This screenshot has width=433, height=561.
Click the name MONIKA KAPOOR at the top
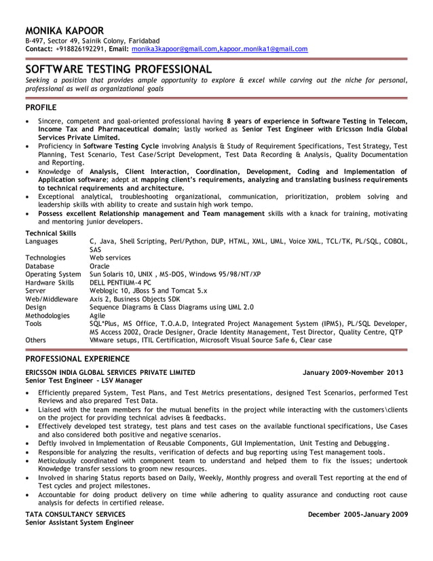(64, 31)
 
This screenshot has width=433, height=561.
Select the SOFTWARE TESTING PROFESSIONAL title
(119, 69)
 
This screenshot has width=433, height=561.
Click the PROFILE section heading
(41, 107)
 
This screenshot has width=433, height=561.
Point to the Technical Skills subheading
(50, 233)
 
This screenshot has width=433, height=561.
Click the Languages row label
(42, 241)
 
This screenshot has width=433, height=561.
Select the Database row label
(41, 266)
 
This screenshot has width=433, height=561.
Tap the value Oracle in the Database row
(99, 266)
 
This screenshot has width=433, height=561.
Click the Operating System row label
(53, 274)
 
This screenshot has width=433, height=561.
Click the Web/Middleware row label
(52, 299)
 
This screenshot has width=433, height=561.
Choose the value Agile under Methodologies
(98, 315)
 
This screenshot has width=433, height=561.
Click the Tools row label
(35, 323)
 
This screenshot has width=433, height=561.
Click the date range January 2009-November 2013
(353, 372)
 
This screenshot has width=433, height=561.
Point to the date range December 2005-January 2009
(358, 514)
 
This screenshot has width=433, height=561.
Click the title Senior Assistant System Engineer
(79, 522)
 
